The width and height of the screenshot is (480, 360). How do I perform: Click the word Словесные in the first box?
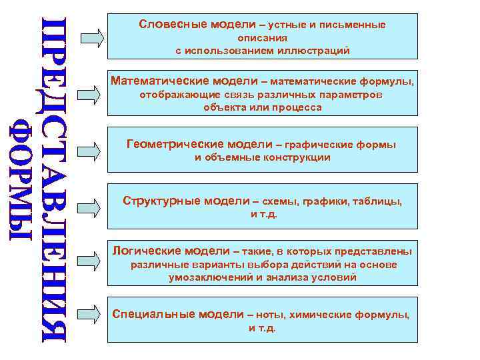click(x=165, y=24)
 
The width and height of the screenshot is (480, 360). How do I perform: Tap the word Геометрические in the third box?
click(x=167, y=144)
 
